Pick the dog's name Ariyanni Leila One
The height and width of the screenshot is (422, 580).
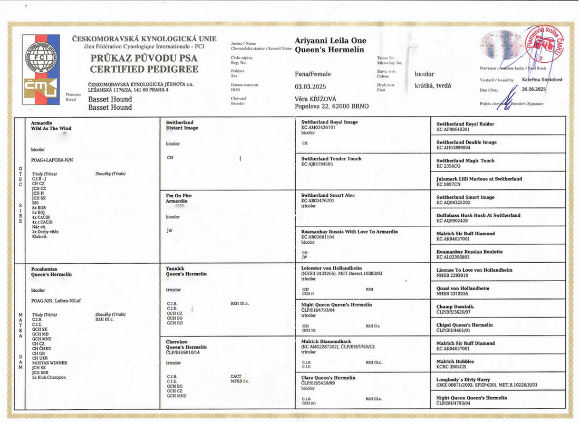point(330,41)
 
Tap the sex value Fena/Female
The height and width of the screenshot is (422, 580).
point(313,74)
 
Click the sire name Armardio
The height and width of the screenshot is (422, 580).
point(42,122)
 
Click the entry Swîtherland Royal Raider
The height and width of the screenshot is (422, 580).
point(465,124)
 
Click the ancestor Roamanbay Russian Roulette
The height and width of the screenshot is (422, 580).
point(469,252)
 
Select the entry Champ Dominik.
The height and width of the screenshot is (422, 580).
point(456,306)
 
